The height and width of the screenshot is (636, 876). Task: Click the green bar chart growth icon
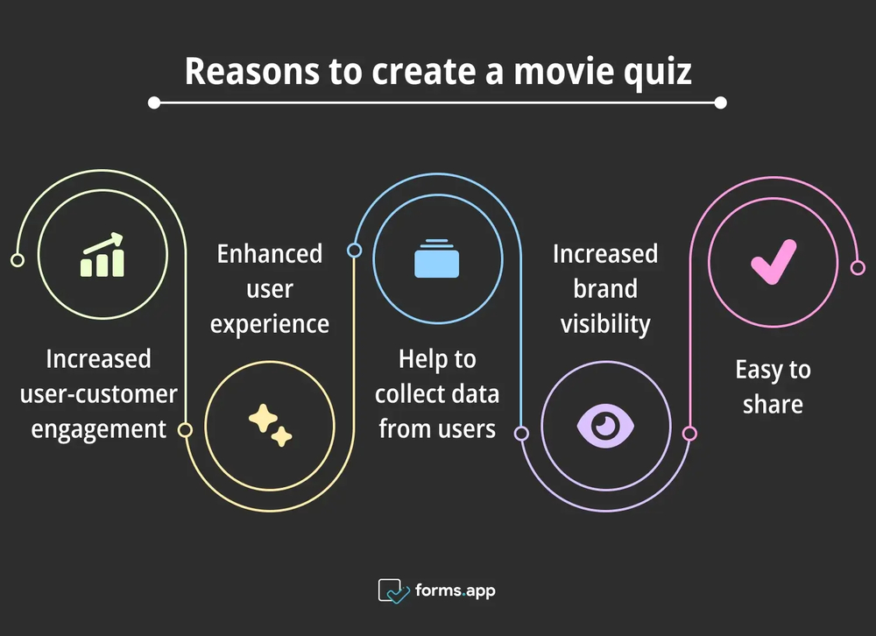(102, 256)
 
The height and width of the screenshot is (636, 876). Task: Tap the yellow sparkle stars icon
(270, 425)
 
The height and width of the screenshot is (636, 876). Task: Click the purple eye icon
(605, 426)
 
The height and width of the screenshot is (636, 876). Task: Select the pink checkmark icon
(774, 262)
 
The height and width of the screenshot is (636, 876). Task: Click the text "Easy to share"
(773, 386)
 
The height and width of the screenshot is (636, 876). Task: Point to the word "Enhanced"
(270, 254)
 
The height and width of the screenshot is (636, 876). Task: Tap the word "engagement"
(99, 429)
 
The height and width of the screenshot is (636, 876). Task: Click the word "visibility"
(605, 324)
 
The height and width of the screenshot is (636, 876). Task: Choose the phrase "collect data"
(437, 394)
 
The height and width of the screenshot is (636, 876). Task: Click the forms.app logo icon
(393, 590)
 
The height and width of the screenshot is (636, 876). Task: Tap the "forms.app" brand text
(456, 590)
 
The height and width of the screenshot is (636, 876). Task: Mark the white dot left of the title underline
(154, 102)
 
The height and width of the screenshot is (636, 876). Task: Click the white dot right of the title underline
(720, 102)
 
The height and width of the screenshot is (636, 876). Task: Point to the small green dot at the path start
(16, 260)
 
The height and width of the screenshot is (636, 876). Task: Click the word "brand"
(605, 289)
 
